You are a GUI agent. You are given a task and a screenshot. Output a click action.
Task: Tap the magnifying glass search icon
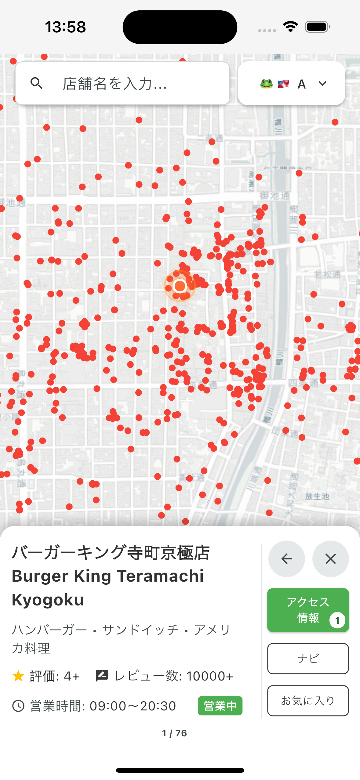(x=36, y=83)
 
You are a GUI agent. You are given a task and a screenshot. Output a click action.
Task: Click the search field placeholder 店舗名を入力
(x=115, y=84)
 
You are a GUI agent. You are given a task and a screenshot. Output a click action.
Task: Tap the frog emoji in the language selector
(x=266, y=84)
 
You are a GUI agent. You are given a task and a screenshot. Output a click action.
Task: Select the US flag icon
(x=283, y=84)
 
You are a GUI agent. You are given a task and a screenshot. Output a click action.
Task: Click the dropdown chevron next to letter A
(x=322, y=83)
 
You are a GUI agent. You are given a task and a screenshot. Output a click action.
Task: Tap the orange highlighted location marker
(x=180, y=286)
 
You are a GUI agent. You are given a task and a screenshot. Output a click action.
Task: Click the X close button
(x=330, y=559)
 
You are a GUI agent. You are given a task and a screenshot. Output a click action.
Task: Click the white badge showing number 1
(x=337, y=620)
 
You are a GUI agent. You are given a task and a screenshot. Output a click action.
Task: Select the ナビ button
(x=308, y=658)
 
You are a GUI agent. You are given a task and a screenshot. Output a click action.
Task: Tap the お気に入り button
(x=308, y=700)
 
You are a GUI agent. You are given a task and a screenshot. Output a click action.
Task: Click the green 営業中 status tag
(x=220, y=706)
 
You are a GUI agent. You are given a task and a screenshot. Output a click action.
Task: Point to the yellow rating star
(x=18, y=676)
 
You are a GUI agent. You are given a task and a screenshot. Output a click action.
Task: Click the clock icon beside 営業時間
(x=18, y=706)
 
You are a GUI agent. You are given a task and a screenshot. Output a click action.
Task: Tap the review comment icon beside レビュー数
(x=102, y=676)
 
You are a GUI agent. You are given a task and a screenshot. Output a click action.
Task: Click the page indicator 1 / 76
(x=174, y=733)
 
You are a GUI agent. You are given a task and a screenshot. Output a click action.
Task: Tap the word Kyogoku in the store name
(x=48, y=600)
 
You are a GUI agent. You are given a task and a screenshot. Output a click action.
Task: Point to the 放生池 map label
(x=317, y=497)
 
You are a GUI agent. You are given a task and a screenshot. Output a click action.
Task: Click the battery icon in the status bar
(x=317, y=27)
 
